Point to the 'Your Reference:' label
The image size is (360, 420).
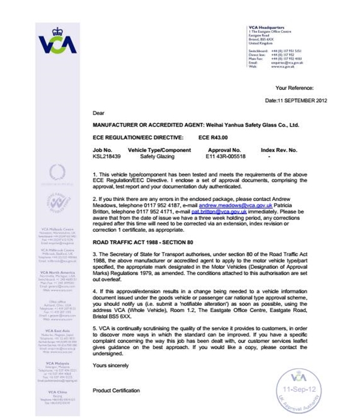294,88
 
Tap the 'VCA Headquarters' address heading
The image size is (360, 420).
268,28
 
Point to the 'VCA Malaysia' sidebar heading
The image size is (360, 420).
57,364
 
